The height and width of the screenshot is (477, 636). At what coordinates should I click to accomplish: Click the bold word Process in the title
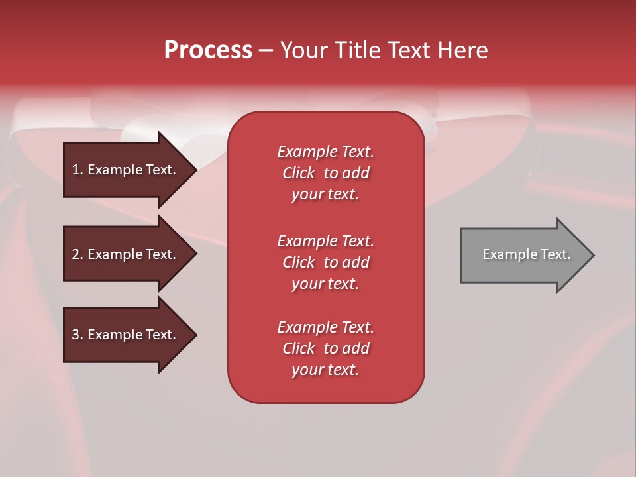point(208,50)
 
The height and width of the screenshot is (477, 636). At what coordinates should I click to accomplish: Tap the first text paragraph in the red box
point(325,173)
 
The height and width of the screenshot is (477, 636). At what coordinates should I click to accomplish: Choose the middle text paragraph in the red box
point(325,262)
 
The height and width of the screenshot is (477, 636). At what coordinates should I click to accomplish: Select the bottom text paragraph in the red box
point(325,348)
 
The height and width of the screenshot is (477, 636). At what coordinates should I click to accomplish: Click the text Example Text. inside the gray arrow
point(526,254)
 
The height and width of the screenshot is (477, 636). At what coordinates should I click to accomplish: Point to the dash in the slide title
point(266,51)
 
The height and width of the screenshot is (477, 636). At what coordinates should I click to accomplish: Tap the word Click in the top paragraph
point(298,173)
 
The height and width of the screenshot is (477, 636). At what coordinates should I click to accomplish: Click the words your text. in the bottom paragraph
point(325,370)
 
